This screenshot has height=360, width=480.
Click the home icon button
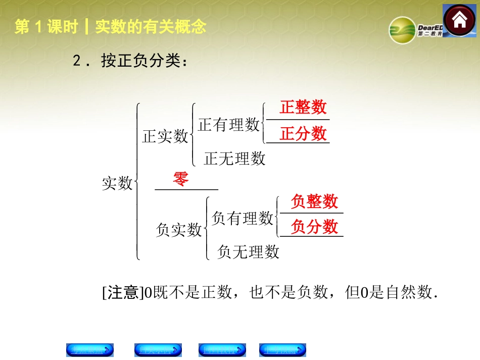coord(459,21)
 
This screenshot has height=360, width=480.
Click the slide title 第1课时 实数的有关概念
coord(110,27)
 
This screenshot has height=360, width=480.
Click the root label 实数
coord(117,183)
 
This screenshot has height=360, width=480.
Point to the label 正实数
coord(165,136)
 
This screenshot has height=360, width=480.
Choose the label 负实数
coord(178,230)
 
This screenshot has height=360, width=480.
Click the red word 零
coord(181,179)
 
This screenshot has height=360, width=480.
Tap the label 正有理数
coord(229,125)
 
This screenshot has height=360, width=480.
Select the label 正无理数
coord(234,159)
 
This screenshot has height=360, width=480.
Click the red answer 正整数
coord(303,108)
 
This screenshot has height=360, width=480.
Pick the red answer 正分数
coord(303,134)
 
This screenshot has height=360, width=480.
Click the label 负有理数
coord(243,218)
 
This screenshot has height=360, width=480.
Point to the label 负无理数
coord(248,251)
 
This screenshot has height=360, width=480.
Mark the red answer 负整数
coord(314,201)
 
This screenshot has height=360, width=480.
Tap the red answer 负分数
coord(314,227)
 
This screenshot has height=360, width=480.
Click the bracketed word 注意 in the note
coord(123,292)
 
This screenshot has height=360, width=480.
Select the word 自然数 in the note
coord(409,292)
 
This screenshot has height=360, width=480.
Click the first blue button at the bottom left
coord(90,350)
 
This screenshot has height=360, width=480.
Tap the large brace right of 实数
coord(137,182)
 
